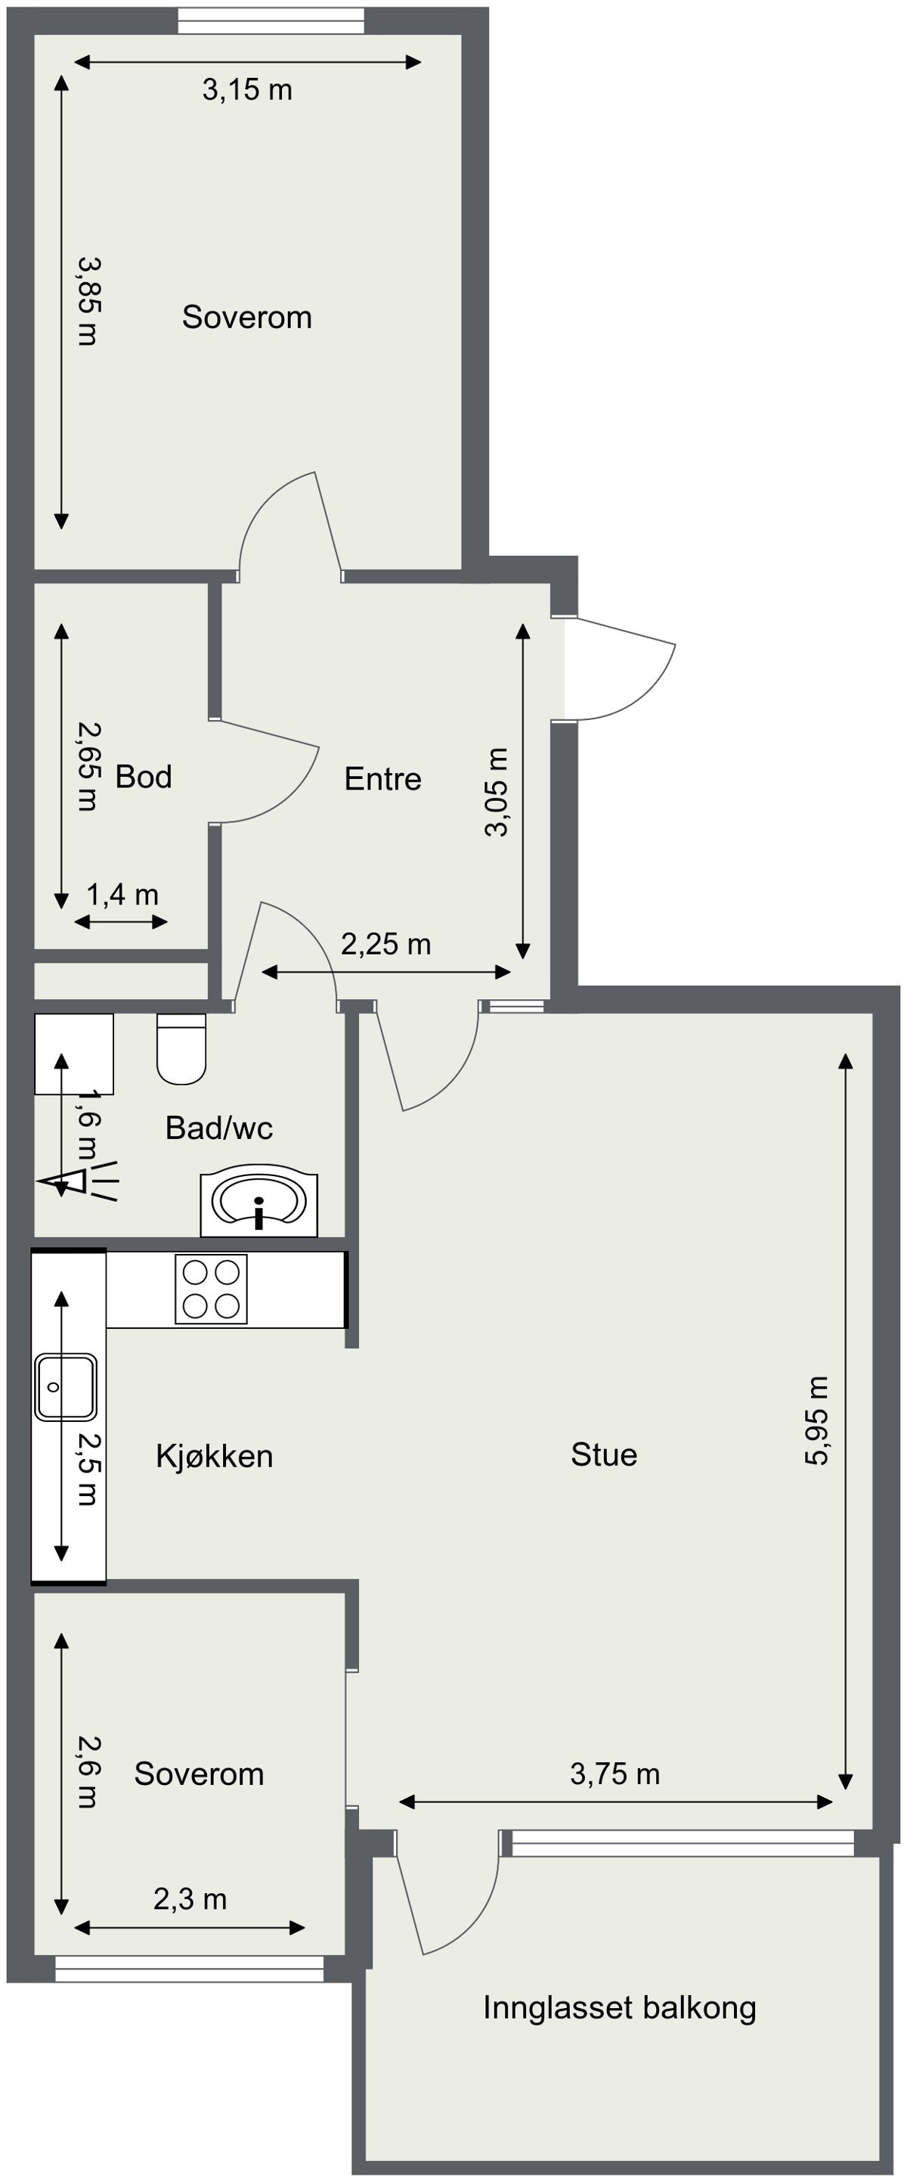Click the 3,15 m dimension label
click(x=246, y=90)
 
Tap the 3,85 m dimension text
click(x=87, y=301)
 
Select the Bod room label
click(x=143, y=777)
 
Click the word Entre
click(x=382, y=779)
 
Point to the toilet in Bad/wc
click(x=181, y=1051)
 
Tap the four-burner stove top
click(x=211, y=1288)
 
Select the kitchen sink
click(x=65, y=1386)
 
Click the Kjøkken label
click(x=214, y=1456)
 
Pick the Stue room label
click(x=604, y=1454)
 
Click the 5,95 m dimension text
click(x=817, y=1420)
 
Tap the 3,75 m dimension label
click(x=614, y=1774)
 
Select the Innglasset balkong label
click(x=619, y=2007)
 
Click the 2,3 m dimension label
click(x=190, y=1899)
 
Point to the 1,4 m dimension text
click(x=122, y=895)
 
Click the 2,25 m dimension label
click(x=385, y=944)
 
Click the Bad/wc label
click(x=218, y=1128)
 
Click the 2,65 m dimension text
click(x=87, y=767)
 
